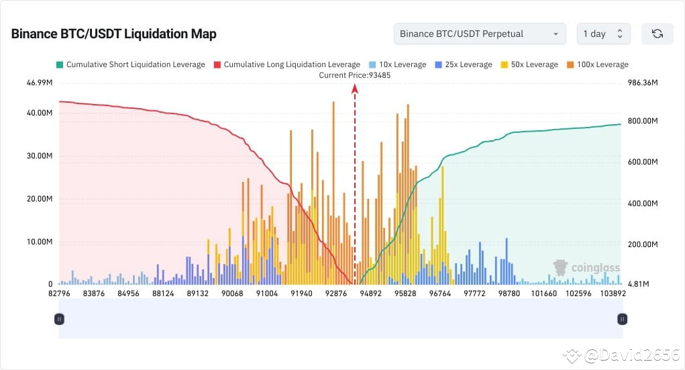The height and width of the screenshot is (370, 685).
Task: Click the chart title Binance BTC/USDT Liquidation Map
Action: tap(113, 34)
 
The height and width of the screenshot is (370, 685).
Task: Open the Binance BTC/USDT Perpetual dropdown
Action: tap(479, 34)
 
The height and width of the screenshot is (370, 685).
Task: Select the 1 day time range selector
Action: tap(602, 34)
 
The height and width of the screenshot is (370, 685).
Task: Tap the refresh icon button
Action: tap(657, 34)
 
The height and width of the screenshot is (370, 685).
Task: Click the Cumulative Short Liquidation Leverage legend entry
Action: tap(130, 64)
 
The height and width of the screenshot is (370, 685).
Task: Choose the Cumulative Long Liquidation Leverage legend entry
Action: tap(286, 64)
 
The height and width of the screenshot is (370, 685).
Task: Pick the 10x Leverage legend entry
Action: tap(397, 64)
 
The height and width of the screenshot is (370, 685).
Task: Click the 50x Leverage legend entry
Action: tap(529, 64)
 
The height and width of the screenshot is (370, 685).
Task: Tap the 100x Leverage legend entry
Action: tap(597, 64)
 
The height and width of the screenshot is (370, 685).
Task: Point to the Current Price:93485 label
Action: tap(354, 75)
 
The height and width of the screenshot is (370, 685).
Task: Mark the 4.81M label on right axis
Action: tap(639, 284)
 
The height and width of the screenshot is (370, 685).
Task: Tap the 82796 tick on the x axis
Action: tap(59, 293)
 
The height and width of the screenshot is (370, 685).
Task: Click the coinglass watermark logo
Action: tap(586, 268)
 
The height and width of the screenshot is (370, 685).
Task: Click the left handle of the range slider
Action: tap(59, 320)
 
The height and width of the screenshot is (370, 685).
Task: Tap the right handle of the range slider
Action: tap(623, 320)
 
